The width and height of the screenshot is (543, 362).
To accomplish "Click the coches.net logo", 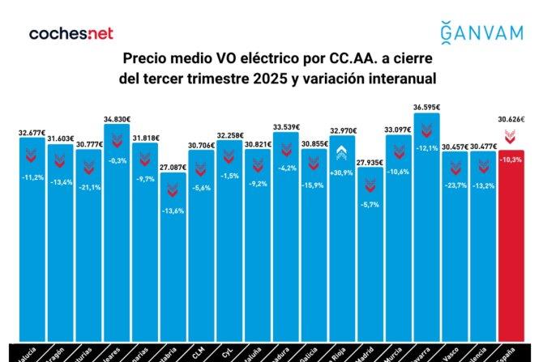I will click(71, 34).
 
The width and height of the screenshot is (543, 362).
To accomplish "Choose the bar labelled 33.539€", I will click(286, 235).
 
